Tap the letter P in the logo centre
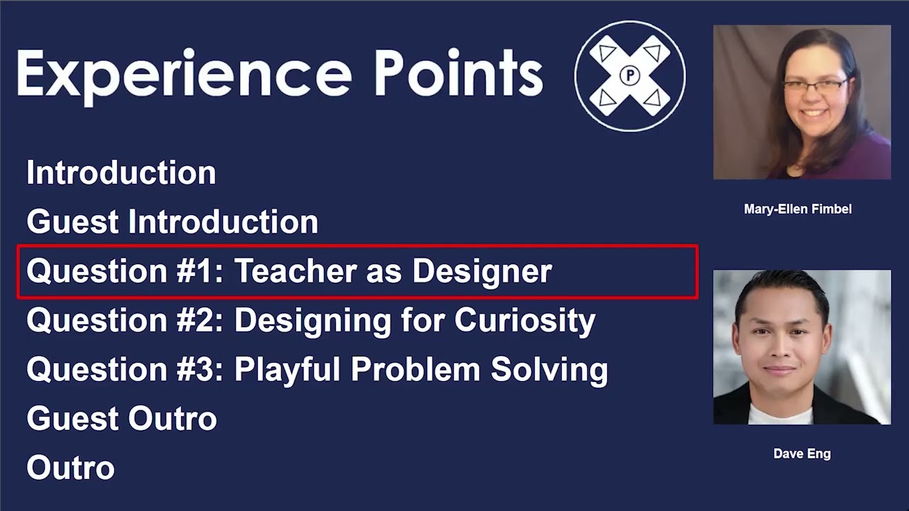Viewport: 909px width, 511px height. point(630,75)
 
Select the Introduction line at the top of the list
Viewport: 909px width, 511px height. point(121,173)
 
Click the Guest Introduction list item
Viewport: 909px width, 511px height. point(173,222)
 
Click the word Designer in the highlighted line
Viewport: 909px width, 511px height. point(482,271)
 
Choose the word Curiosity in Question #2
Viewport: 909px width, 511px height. point(525,321)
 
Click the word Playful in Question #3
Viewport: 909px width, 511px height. point(288,370)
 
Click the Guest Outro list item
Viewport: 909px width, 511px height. point(121,419)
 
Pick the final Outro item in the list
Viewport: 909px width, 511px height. point(70,468)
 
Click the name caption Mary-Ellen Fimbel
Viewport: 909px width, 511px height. point(798,209)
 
